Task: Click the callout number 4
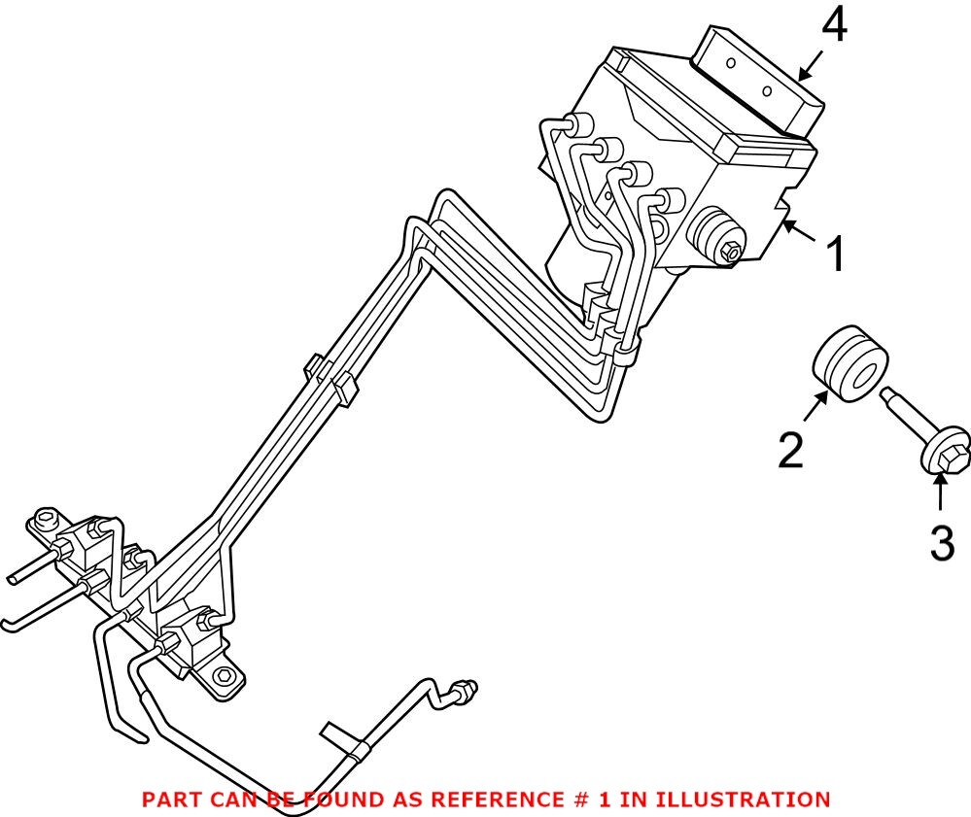(x=834, y=27)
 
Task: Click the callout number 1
(x=836, y=254)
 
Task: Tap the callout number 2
(x=791, y=451)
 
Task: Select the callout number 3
(x=943, y=542)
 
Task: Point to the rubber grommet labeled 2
(x=850, y=364)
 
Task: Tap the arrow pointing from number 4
(x=810, y=66)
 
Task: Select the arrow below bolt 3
(x=941, y=492)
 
